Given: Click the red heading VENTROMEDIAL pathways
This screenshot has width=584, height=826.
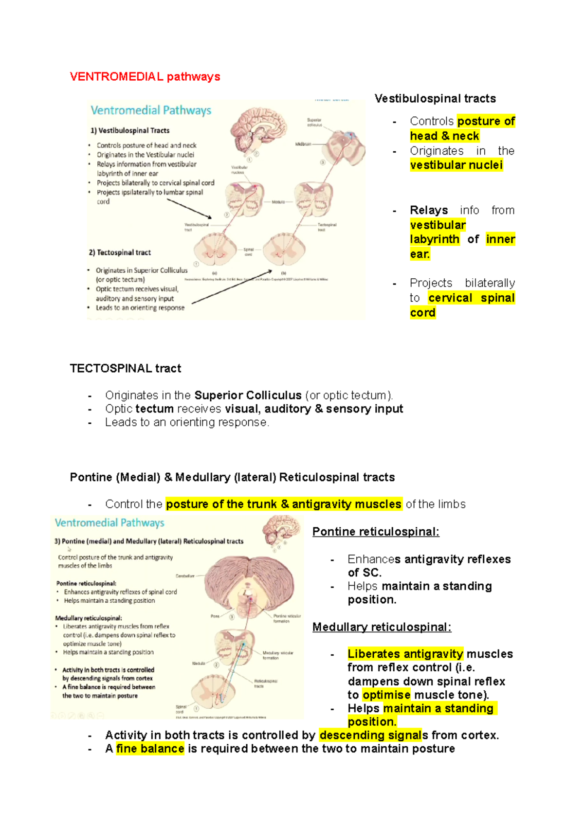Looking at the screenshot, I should tap(145, 77).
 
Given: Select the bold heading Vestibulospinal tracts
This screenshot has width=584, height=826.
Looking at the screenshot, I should tap(435, 99).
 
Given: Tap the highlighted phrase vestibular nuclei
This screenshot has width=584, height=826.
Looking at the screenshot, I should tap(456, 165).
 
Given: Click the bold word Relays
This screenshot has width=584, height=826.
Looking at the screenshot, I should tap(429, 210).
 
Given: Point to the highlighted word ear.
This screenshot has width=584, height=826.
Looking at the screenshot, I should tap(420, 254).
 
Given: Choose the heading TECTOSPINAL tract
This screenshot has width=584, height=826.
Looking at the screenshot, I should tap(125, 368).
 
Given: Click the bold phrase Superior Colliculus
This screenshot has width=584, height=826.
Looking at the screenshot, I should tap(248, 395).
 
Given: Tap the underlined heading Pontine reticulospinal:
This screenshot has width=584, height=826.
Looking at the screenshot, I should tap(376, 532).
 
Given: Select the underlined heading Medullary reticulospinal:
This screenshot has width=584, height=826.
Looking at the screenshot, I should tap(382, 627).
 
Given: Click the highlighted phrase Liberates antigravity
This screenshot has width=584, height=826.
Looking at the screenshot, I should tap(405, 654).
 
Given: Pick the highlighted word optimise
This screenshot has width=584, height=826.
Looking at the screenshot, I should tap(386, 695).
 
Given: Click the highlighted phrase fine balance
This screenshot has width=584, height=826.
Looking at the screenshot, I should tap(150, 749).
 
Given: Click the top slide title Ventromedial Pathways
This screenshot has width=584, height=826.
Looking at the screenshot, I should tap(151, 110).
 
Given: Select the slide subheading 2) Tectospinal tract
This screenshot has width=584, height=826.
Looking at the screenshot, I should tap(120, 252).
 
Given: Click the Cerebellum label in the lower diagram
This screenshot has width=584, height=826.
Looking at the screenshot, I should tap(184, 576).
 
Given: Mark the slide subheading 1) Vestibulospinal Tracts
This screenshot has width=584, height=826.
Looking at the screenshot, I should tap(130, 130).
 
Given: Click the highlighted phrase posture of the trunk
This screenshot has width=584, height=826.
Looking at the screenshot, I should tap(221, 504).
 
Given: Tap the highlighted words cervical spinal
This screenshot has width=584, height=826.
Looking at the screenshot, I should tap(471, 298).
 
